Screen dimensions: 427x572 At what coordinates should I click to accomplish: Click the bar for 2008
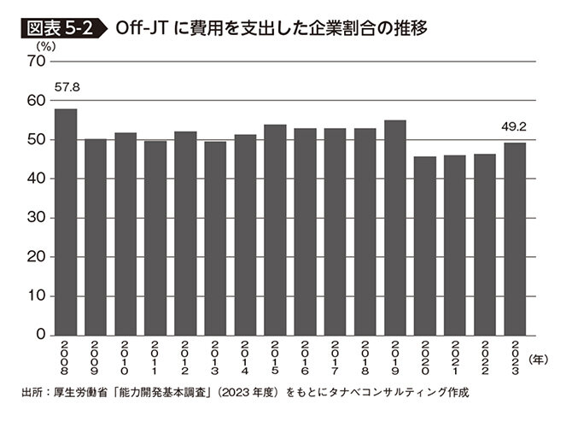[66, 222]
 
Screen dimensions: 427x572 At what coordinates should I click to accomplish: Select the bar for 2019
[394, 228]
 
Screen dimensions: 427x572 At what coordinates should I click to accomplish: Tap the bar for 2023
[514, 239]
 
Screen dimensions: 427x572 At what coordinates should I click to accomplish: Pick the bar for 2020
[424, 246]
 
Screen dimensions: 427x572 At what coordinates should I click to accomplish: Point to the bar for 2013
[215, 238]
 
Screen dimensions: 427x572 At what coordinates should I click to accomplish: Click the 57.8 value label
[66, 88]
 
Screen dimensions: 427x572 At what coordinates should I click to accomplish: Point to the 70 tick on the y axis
[37, 61]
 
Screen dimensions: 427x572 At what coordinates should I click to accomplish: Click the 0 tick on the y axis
[41, 336]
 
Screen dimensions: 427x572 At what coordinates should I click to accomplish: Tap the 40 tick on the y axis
[37, 179]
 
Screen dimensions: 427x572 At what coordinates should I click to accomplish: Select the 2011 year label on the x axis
[155, 361]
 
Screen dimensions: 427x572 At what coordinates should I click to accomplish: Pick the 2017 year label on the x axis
[335, 361]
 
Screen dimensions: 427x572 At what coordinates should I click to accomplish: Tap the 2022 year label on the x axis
[484, 361]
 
